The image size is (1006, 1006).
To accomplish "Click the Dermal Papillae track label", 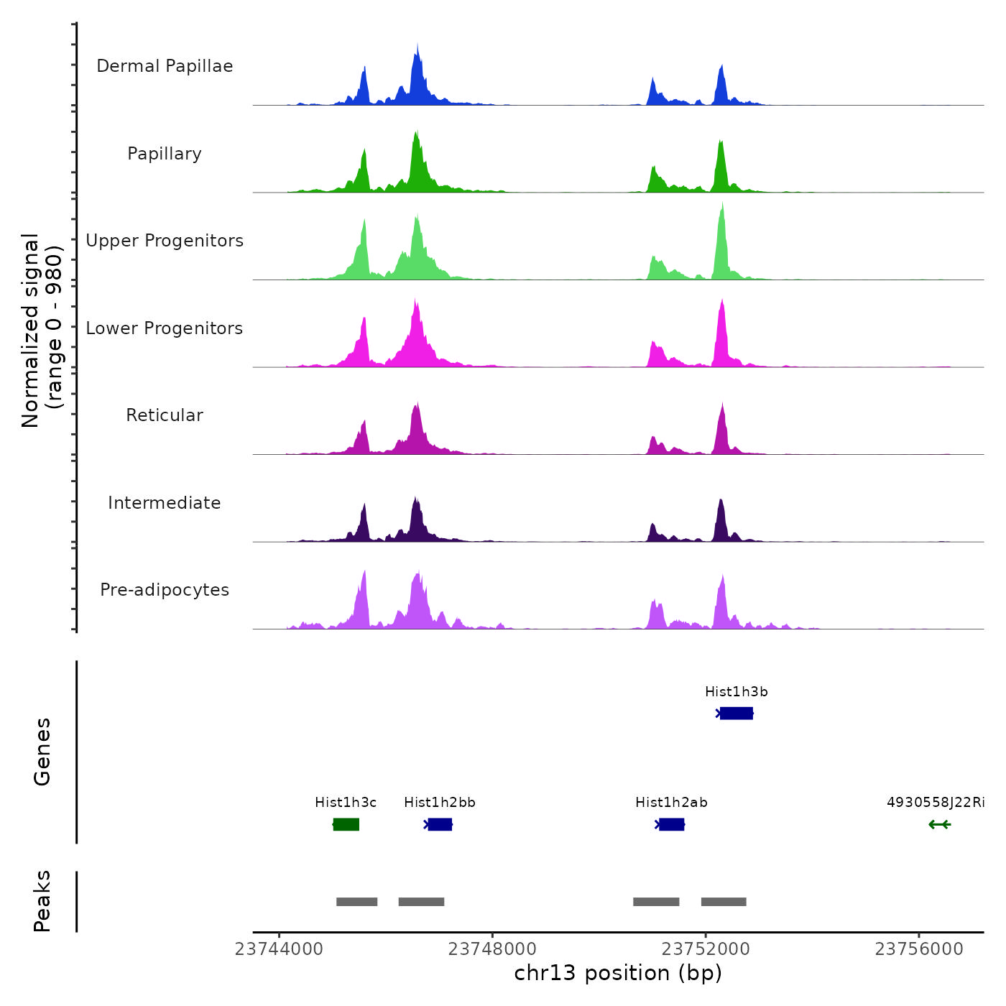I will [165, 66].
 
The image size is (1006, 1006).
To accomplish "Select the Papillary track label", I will [165, 154].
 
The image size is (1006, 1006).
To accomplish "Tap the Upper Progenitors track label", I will [165, 241].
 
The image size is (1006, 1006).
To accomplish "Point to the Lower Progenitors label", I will [165, 328].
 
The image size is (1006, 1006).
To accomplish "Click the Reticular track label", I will [165, 415].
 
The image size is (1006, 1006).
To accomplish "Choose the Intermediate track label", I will [165, 503].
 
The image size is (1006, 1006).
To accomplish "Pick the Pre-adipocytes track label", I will [165, 590].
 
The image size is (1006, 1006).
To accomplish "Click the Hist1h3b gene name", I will [736, 692].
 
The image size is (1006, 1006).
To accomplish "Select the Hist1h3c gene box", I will [346, 824].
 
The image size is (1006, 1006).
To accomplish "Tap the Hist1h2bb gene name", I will [440, 803].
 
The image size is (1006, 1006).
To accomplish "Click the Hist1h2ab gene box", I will [672, 824].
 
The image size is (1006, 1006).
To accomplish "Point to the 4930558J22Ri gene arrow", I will [940, 824].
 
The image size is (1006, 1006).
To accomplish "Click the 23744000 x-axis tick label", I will [279, 949].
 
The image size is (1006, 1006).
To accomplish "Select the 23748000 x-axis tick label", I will [492, 949].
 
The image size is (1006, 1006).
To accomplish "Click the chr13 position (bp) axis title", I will [618, 973].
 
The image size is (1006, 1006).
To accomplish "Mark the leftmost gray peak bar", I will [356, 902].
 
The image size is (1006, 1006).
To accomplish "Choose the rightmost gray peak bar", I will [724, 902].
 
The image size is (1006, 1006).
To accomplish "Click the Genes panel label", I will [42, 752].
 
